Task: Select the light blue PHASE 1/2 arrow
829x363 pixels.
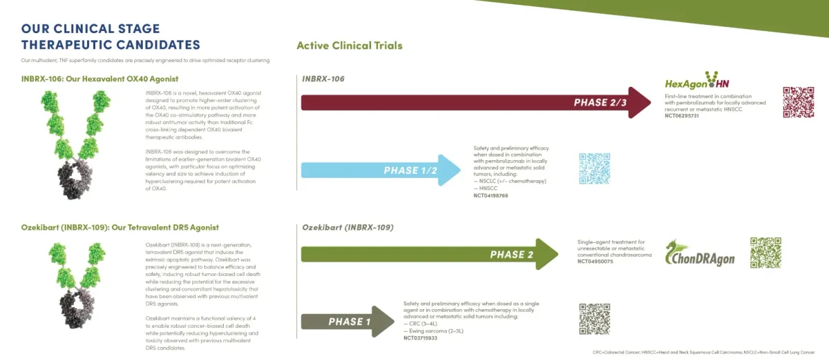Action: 380,170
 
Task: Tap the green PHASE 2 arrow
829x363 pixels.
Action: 428,254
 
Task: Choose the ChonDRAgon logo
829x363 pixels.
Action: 699,254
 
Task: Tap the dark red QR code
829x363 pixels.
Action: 799,103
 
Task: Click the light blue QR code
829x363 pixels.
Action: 594,168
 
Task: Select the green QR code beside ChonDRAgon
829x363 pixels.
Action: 765,253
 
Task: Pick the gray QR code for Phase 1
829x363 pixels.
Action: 594,318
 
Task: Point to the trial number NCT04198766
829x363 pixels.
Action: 490,196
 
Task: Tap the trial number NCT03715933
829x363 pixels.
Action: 421,337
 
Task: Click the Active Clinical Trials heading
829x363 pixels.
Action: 349,46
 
